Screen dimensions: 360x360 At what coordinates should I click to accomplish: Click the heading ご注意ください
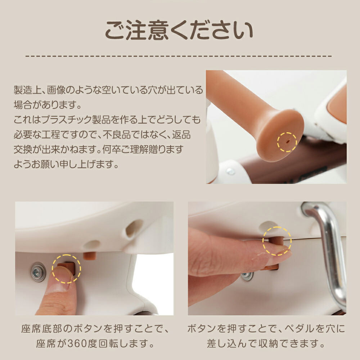[x=179, y=30]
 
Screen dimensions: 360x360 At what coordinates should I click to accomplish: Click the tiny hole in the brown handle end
[x=287, y=142]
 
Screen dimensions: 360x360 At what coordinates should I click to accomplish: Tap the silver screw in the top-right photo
[x=230, y=171]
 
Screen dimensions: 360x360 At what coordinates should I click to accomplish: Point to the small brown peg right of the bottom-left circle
[x=89, y=256]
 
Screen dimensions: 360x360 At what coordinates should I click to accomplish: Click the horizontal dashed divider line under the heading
[x=179, y=56]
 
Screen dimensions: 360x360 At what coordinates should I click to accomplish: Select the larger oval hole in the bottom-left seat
[x=134, y=228]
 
